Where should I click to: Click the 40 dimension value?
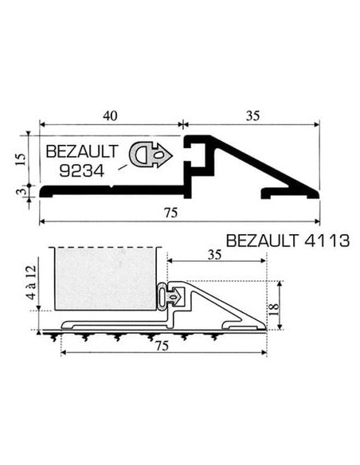pyautogui.click(x=111, y=115)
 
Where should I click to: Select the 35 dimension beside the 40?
pyautogui.click(x=253, y=115)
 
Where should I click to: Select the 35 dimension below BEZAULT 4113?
pyautogui.click(x=213, y=256)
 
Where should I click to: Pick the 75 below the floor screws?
pyautogui.click(x=162, y=346)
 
